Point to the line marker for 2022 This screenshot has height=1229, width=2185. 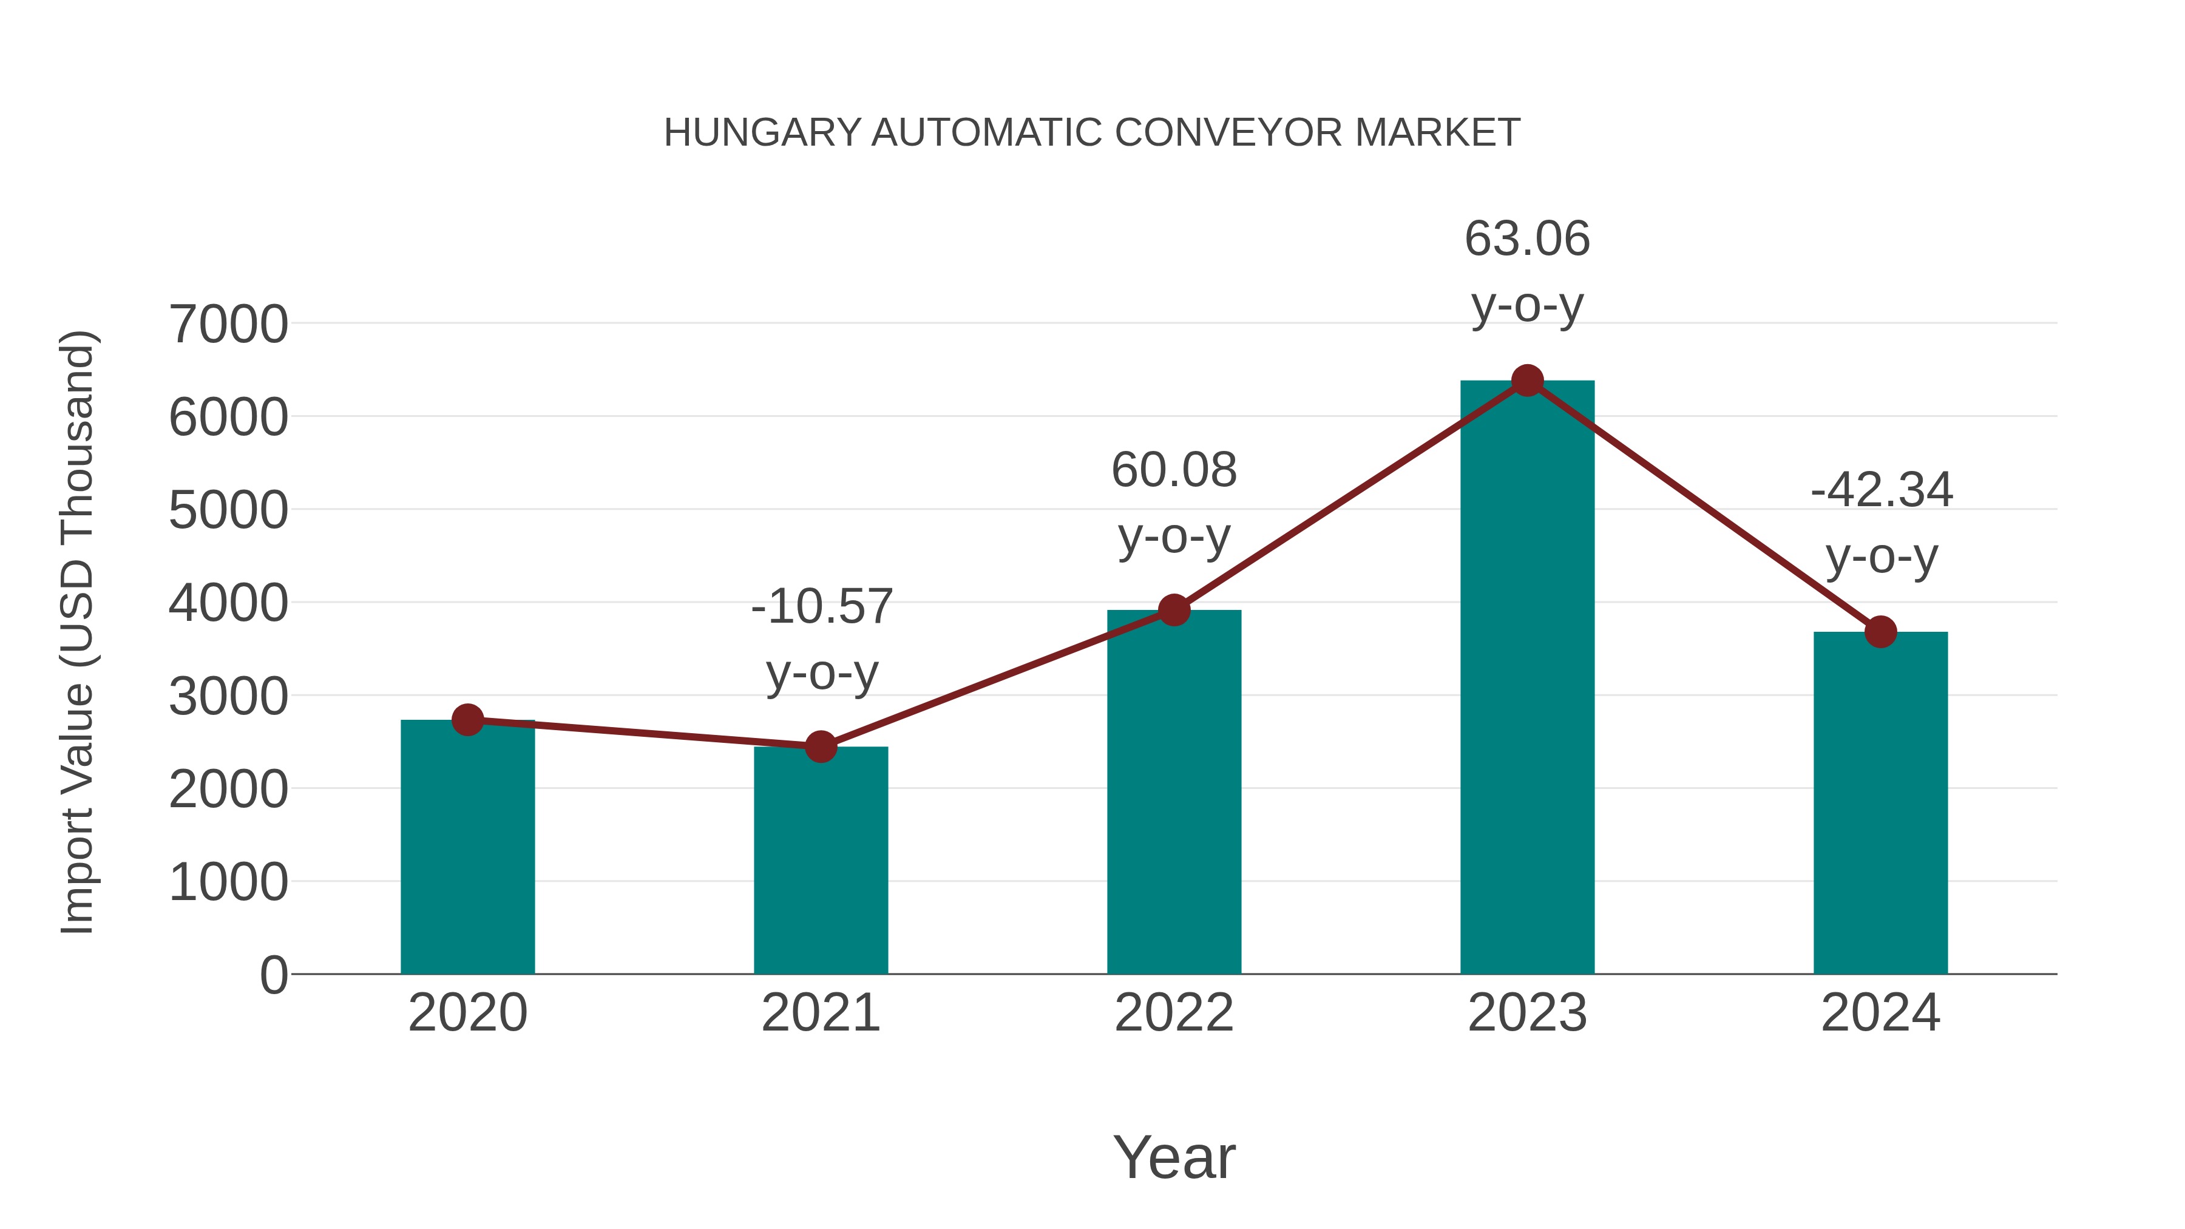click(1174, 610)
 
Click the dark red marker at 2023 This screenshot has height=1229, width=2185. click(1527, 381)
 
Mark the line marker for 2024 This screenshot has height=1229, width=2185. click(1880, 632)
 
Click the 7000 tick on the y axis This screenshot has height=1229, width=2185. click(228, 324)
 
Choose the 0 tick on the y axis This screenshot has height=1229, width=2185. click(273, 975)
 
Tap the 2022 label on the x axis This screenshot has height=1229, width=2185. click(1174, 1013)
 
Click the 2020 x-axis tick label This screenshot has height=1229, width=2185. click(467, 1013)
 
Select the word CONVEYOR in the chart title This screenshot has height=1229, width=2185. click(1229, 133)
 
